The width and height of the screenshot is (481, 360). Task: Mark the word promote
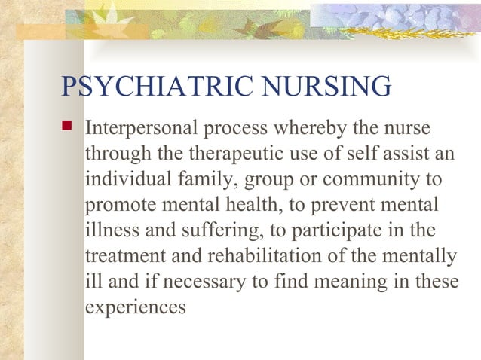115,205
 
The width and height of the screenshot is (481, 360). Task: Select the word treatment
121,256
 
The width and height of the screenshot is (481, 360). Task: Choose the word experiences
135,308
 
